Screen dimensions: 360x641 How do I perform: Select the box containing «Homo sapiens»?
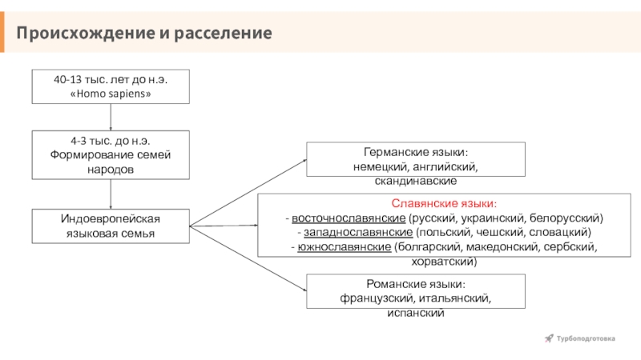pyautogui.click(x=111, y=86)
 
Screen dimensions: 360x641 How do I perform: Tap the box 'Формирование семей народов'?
pyautogui.click(x=111, y=154)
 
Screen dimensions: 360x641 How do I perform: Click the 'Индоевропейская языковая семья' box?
pyautogui.click(x=111, y=226)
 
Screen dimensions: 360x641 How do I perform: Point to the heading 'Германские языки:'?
pyautogui.click(x=416, y=152)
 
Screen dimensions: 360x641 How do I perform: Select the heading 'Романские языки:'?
pyautogui.click(x=416, y=285)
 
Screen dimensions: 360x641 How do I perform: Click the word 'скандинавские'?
pyautogui.click(x=416, y=182)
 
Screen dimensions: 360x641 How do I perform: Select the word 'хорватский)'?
pyautogui.click(x=443, y=262)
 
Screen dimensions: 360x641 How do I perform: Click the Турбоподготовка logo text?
pyautogui.click(x=586, y=338)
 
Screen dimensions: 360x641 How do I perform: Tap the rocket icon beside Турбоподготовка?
pyautogui.click(x=549, y=338)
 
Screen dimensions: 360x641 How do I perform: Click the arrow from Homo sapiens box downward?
pyautogui.click(x=111, y=117)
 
